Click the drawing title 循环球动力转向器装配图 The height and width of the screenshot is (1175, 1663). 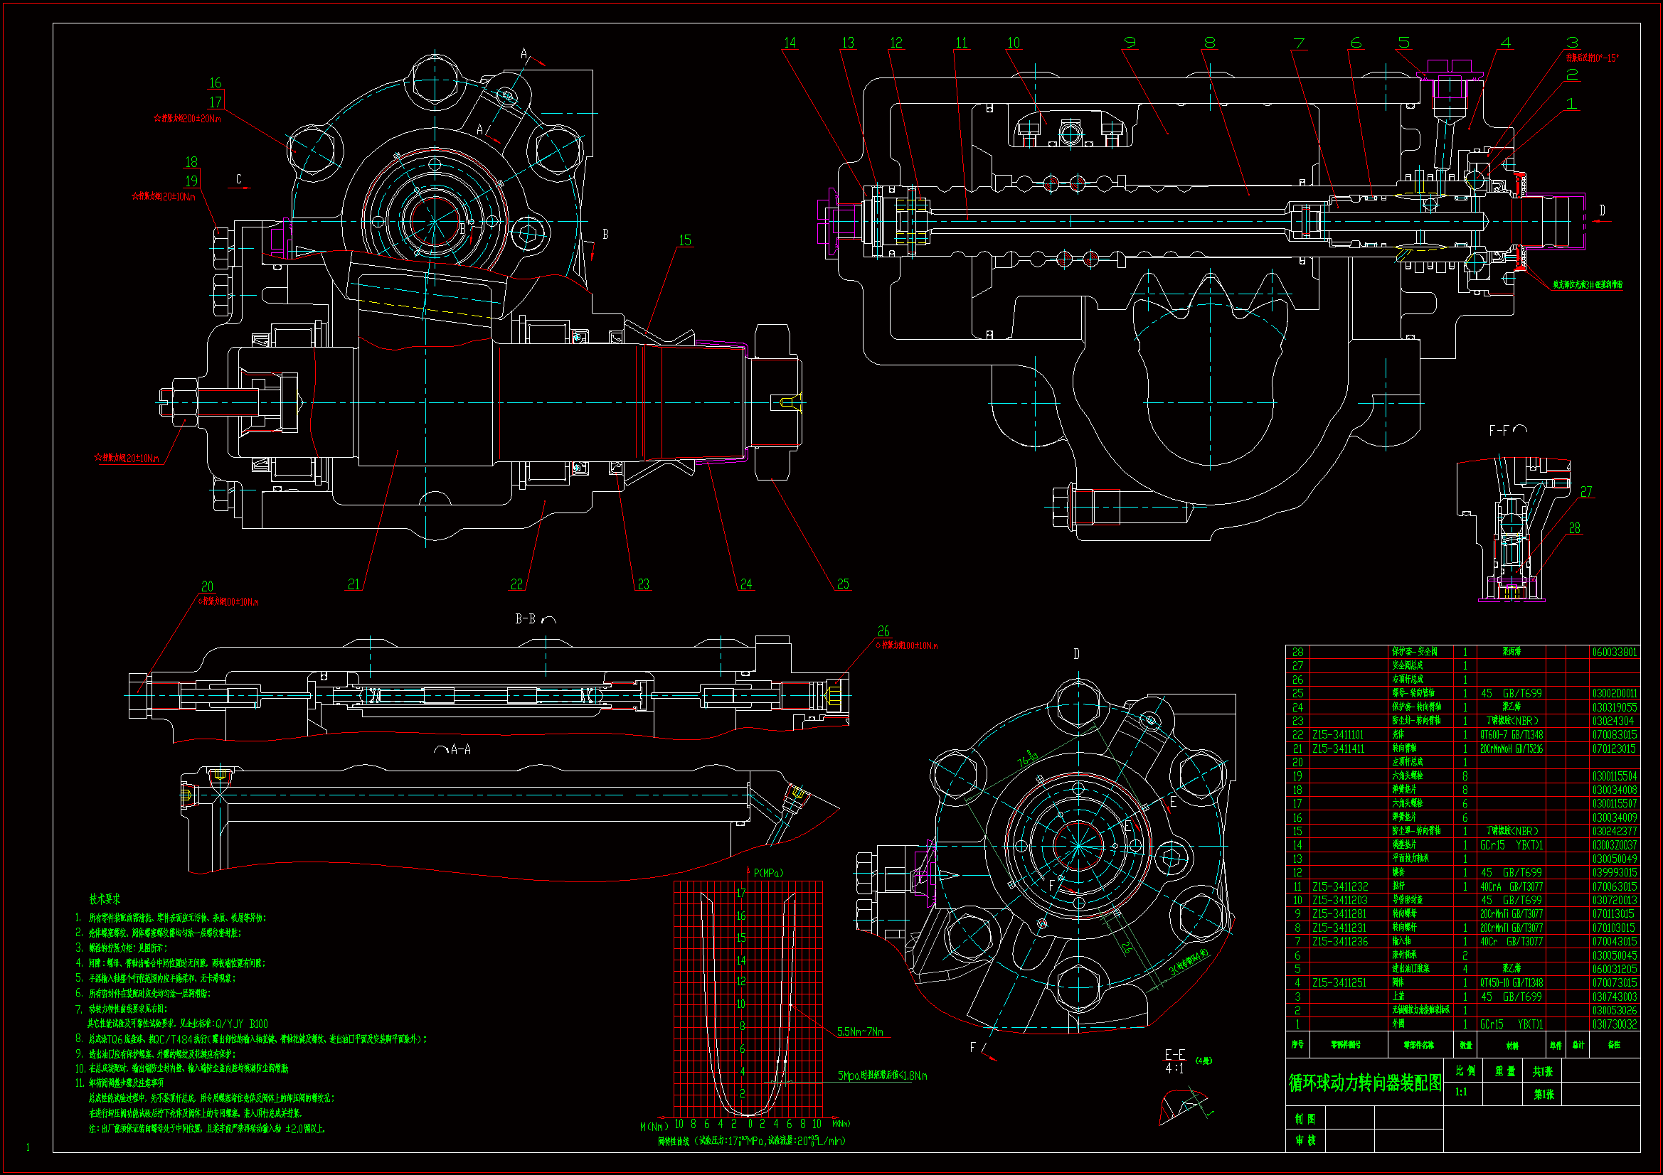tap(1364, 1083)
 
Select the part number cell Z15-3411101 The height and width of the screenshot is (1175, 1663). tap(1338, 735)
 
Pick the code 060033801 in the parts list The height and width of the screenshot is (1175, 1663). tap(1615, 653)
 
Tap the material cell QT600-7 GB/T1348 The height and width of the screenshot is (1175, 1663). tap(1511, 735)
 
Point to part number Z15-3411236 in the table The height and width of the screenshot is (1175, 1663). tap(1340, 942)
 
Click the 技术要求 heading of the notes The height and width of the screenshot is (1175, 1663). tap(105, 899)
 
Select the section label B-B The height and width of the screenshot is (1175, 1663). tap(526, 619)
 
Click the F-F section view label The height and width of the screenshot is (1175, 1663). tap(1499, 431)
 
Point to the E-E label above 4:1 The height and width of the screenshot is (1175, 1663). tap(1175, 1055)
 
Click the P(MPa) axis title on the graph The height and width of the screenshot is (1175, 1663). tap(768, 873)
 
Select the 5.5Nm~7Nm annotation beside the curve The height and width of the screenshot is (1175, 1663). tap(861, 1031)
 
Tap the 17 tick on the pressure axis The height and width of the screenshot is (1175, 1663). tap(741, 894)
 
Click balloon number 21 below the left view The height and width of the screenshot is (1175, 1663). tap(354, 584)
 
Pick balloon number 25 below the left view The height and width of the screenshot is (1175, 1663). tap(843, 584)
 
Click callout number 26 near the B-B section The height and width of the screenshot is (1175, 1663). tap(883, 631)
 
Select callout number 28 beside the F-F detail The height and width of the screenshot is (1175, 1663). tap(1575, 528)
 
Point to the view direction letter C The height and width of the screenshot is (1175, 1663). tap(239, 179)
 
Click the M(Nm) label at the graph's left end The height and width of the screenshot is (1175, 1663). tap(654, 1127)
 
